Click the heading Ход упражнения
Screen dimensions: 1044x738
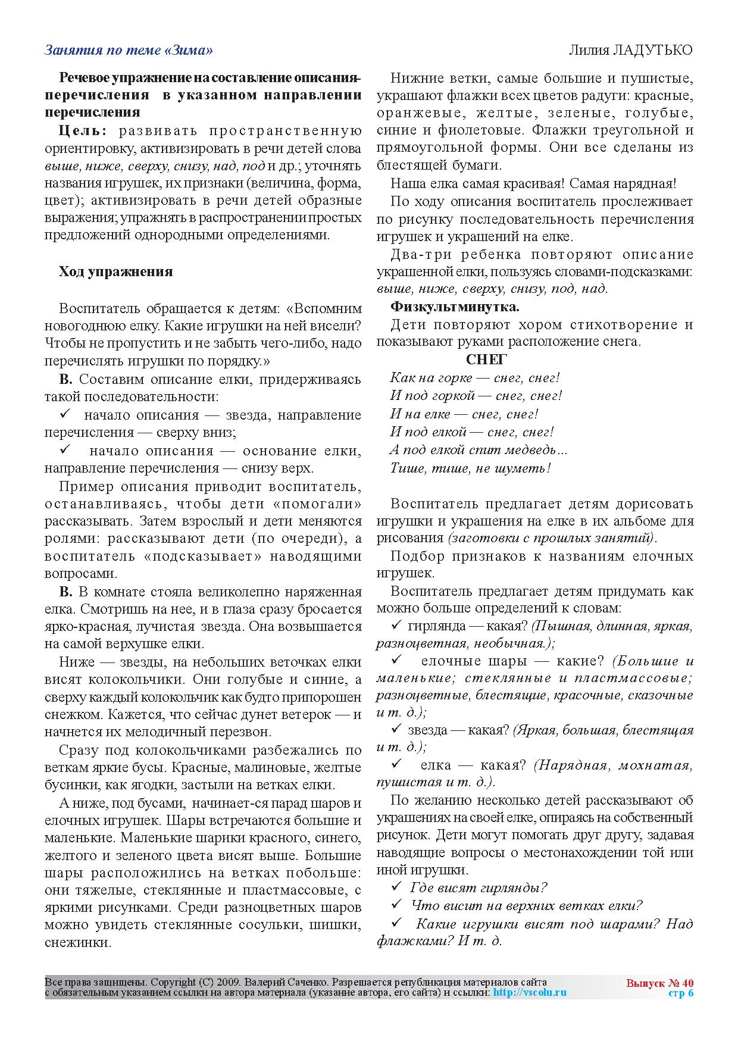(115, 272)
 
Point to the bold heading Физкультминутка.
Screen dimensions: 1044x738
(455, 307)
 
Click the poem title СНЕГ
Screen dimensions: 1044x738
(486, 360)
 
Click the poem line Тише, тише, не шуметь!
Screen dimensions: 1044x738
(470, 468)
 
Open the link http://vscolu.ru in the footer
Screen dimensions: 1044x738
(530, 992)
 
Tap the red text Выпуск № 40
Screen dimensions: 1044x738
(660, 983)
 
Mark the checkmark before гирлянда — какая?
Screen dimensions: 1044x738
(396, 626)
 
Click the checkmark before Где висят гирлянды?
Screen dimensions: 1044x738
(396, 887)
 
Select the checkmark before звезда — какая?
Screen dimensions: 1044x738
(396, 729)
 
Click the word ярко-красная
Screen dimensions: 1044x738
(81, 627)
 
